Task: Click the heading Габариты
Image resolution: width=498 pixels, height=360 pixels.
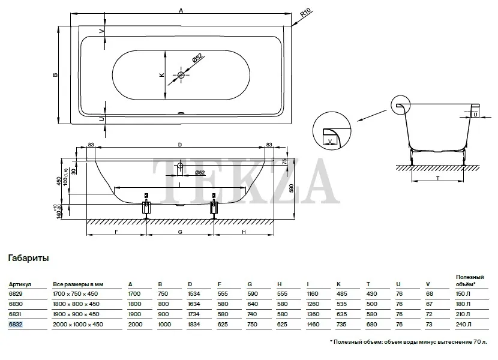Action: tap(28, 259)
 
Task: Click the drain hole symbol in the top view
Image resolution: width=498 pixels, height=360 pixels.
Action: tap(181, 76)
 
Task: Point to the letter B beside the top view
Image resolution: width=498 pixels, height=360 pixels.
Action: tap(54, 75)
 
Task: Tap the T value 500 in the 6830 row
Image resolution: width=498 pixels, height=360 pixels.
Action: tap(373, 304)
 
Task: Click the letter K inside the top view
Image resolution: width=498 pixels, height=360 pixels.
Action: tap(161, 75)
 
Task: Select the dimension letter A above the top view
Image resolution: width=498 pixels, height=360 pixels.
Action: tap(181, 10)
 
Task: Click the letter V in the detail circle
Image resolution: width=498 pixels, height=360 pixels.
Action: tap(330, 142)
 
